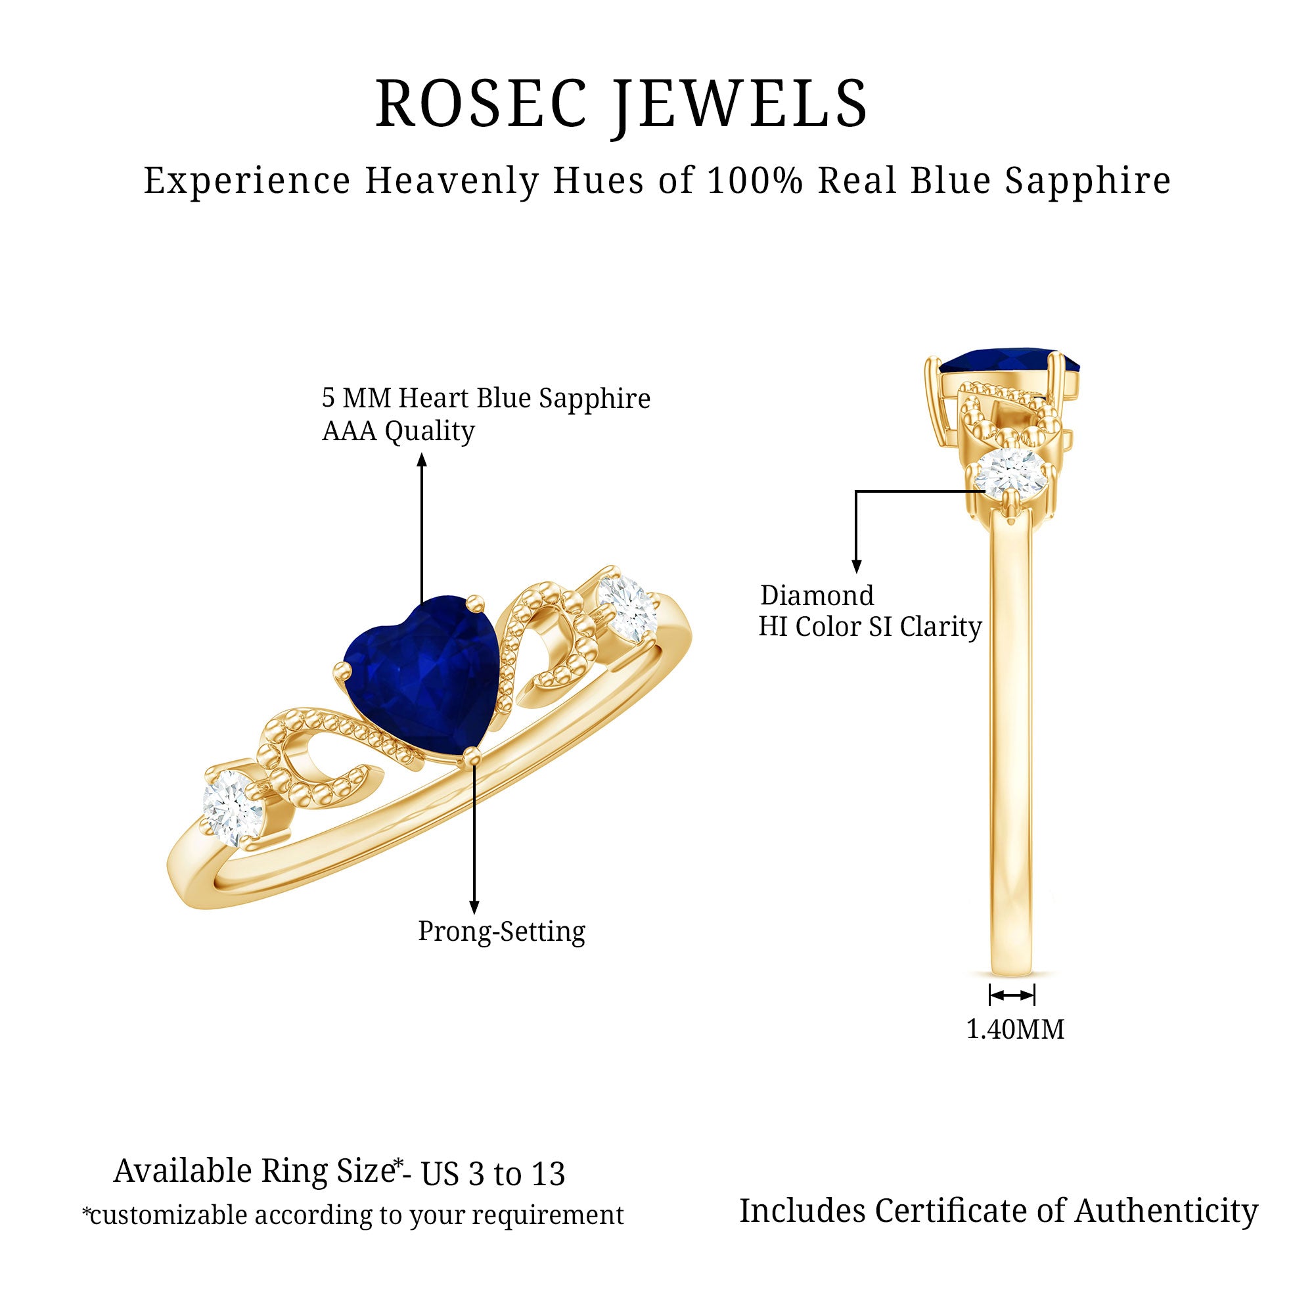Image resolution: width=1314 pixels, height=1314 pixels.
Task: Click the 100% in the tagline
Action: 756,181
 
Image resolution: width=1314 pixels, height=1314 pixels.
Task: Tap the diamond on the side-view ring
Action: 1009,470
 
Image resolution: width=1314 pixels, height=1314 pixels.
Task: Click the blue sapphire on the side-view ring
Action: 1010,361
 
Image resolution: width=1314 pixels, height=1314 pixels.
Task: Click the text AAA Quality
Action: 398,431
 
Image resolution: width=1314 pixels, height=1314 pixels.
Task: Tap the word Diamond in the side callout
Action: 817,596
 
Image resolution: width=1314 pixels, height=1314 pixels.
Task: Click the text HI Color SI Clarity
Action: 870,627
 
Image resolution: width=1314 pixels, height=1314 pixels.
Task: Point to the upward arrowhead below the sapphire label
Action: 422,461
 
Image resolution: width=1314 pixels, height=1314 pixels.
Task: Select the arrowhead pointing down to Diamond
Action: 857,566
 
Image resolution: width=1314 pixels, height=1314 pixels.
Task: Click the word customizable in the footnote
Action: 169,1215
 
